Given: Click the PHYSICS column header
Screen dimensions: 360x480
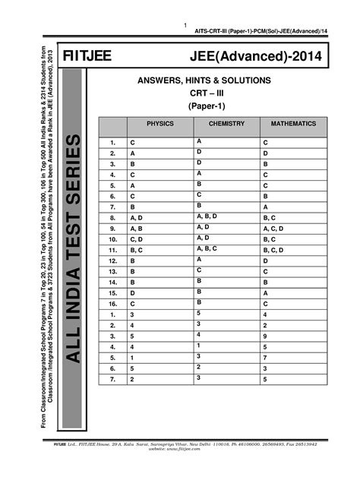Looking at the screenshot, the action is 159,122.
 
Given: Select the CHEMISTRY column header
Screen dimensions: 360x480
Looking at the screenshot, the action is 225,122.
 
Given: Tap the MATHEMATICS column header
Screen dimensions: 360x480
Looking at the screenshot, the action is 293,122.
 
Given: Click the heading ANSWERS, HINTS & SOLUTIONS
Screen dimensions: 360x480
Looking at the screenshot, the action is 204,81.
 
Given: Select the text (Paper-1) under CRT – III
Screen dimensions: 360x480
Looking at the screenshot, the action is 203,106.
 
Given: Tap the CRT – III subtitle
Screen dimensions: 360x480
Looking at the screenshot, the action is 203,93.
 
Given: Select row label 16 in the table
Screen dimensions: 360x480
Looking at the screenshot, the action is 112,303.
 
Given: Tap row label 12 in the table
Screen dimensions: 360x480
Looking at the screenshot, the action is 112,260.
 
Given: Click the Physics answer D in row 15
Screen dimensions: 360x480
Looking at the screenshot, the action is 133,292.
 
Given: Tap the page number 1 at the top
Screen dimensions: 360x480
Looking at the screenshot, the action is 185,27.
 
